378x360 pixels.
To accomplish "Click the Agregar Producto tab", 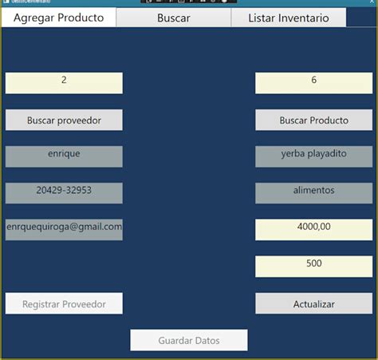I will click(x=58, y=18).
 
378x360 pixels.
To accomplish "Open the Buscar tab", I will click(x=173, y=18).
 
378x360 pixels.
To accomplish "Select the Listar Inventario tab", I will click(x=288, y=18).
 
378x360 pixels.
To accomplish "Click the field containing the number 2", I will click(x=64, y=82).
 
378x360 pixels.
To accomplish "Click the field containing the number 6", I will click(x=313, y=82).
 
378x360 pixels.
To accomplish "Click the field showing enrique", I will click(x=64, y=156).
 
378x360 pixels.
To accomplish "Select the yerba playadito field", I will click(x=313, y=156).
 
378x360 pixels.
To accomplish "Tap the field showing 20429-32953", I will click(x=64, y=192).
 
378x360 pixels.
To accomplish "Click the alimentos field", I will click(x=313, y=192).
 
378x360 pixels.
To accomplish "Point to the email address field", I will click(x=64, y=229).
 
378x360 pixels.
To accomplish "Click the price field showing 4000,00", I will click(x=313, y=229).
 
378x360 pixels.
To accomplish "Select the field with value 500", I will click(x=313, y=266).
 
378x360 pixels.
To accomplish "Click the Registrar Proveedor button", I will click(x=64, y=303).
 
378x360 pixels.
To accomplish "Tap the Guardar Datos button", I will click(x=189, y=340).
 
